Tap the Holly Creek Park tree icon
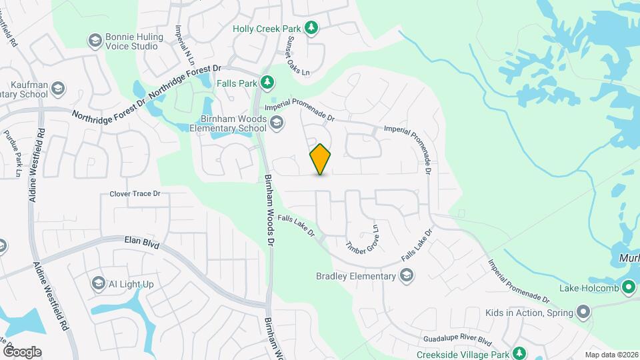(x=311, y=27)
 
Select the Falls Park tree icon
(x=267, y=82)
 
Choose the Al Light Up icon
(x=99, y=284)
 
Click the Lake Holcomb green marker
(x=628, y=288)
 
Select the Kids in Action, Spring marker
(x=583, y=312)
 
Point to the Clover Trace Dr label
(x=135, y=194)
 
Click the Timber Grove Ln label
(x=362, y=237)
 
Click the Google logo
(x=22, y=351)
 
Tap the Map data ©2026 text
(x=611, y=355)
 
